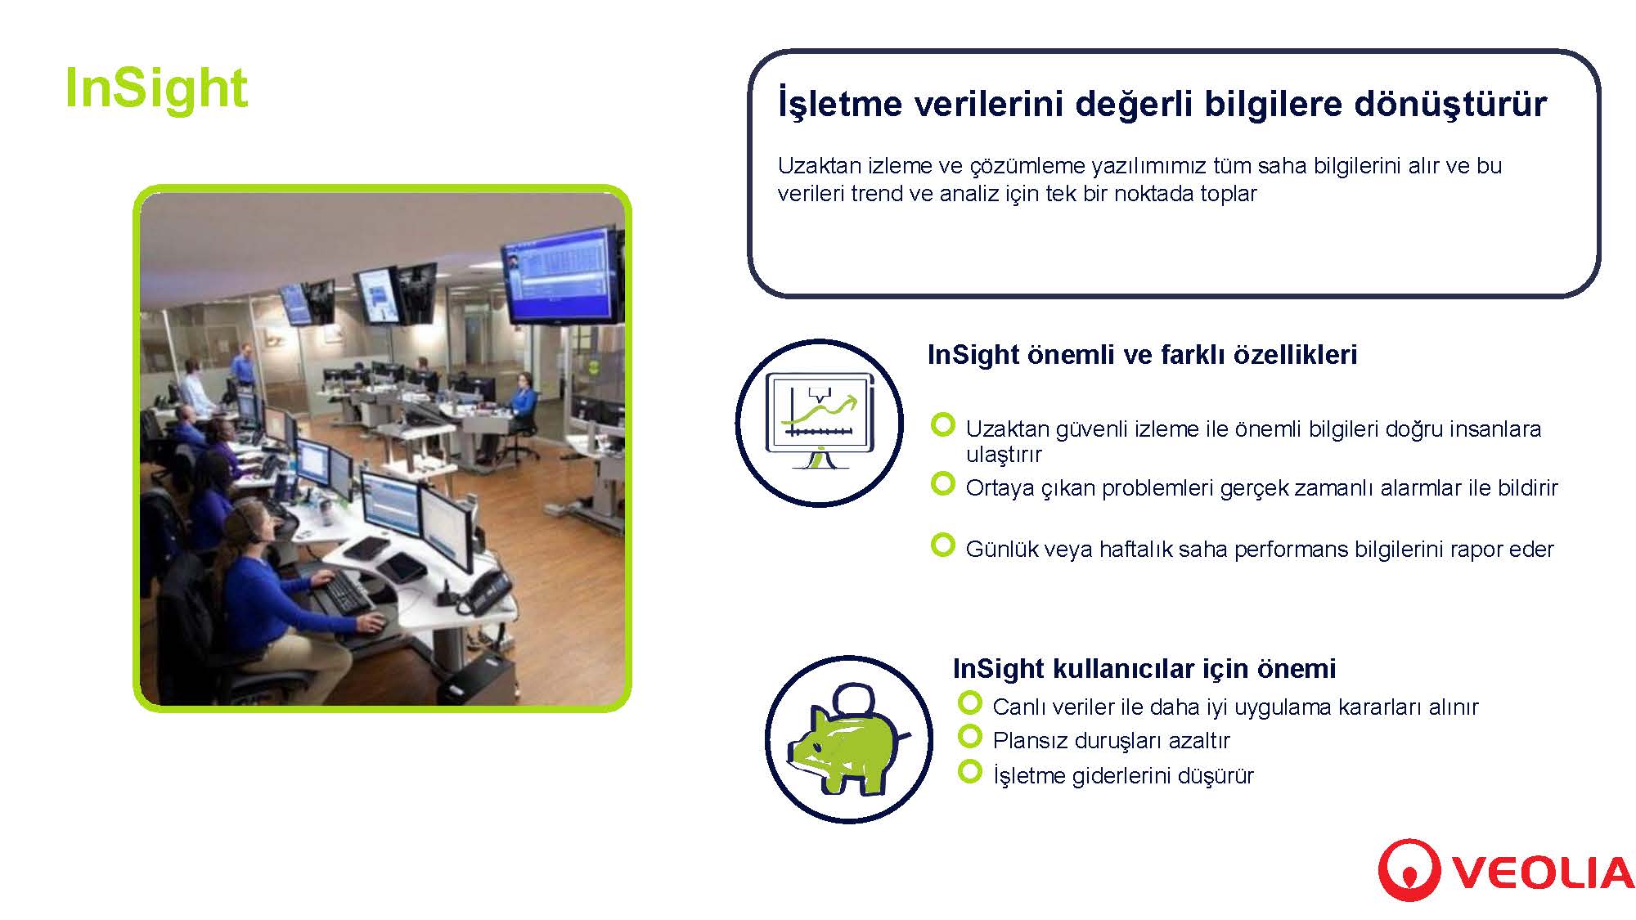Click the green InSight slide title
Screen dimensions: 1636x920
155,88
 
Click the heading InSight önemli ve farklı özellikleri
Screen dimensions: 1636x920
1142,354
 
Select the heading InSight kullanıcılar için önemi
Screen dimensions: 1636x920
1144,668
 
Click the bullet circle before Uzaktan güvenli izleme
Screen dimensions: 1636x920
943,424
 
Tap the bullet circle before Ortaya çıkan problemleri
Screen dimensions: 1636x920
943,483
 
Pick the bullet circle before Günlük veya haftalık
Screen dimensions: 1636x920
943,545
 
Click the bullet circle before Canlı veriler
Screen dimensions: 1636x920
969,702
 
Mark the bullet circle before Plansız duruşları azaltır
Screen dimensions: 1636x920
969,736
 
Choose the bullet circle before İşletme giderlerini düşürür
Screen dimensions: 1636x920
969,770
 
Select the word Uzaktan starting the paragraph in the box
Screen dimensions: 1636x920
820,166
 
